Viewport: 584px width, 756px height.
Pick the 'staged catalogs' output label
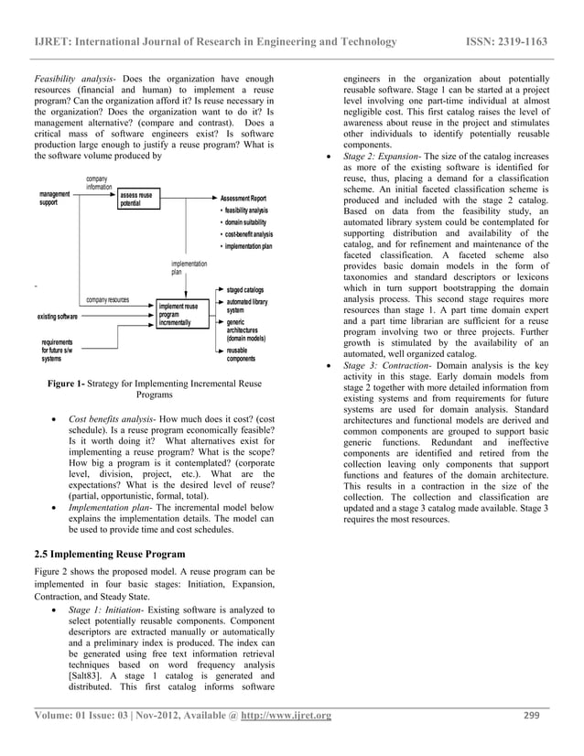[x=245, y=289]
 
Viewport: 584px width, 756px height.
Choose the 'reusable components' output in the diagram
[x=242, y=354]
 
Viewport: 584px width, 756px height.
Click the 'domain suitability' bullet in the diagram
[x=248, y=222]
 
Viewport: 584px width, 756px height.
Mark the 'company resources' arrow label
[x=107, y=300]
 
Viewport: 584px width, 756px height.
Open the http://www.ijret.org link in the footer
[x=284, y=715]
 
